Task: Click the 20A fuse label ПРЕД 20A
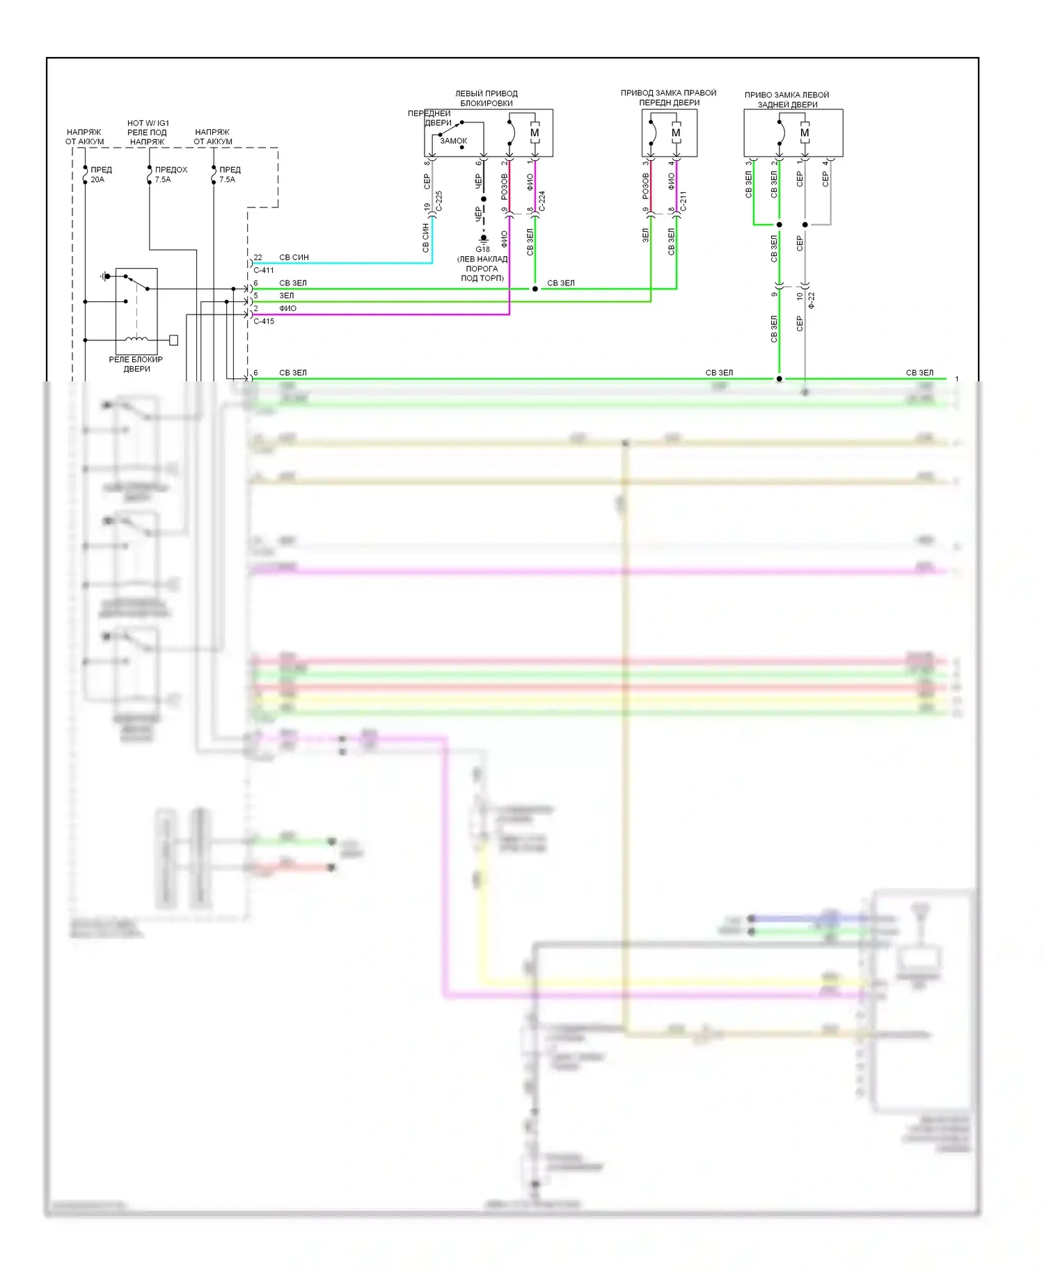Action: [x=100, y=175]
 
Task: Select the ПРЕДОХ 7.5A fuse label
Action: [x=170, y=175]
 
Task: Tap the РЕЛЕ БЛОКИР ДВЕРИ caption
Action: [x=136, y=364]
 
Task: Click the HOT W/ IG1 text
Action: [x=148, y=123]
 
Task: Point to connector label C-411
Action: [x=264, y=270]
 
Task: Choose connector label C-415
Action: [x=264, y=321]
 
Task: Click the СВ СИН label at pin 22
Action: [x=294, y=257]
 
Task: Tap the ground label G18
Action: [x=482, y=249]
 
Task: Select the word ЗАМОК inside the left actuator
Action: [x=453, y=141]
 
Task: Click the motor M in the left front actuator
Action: [x=535, y=133]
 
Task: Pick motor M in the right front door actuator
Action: [x=675, y=133]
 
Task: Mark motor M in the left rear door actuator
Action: [x=805, y=133]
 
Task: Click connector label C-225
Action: [x=439, y=201]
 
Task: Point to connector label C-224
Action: [x=542, y=201]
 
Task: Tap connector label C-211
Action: [x=683, y=201]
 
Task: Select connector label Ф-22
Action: [x=812, y=301]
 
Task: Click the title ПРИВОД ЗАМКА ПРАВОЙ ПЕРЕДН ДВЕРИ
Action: [x=668, y=97]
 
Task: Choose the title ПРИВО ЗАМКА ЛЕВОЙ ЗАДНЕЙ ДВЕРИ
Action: [x=787, y=100]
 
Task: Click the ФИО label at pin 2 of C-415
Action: [x=287, y=308]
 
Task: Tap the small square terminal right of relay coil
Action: [x=173, y=340]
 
